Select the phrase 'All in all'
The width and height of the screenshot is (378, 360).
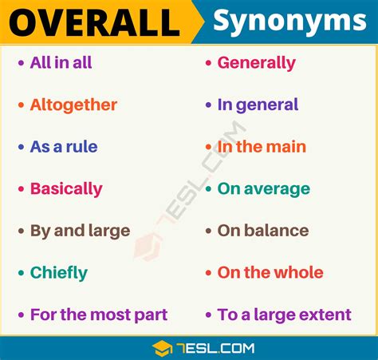[x=61, y=63]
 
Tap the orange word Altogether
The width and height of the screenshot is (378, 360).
[x=73, y=105]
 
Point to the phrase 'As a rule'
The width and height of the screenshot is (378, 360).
[x=64, y=147]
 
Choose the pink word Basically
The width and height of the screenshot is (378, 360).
[x=66, y=189]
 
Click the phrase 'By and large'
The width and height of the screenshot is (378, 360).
[x=80, y=231]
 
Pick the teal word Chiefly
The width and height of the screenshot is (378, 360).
[x=59, y=273]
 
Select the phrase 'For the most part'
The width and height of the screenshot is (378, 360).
[x=99, y=315]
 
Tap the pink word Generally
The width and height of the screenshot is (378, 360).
[x=256, y=63]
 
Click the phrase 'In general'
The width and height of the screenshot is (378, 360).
[x=258, y=105]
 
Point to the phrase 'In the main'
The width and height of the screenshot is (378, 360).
[x=262, y=147]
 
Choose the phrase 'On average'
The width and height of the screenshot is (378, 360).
[x=263, y=189]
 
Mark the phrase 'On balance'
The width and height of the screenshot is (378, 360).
[x=262, y=231]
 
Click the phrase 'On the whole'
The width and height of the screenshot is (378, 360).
[x=270, y=273]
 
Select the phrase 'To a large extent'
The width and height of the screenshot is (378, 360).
[x=284, y=315]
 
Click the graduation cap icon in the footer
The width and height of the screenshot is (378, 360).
[x=163, y=347]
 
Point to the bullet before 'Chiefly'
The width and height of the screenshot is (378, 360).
[x=21, y=273]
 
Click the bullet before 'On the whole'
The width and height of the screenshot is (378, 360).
[x=208, y=273]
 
